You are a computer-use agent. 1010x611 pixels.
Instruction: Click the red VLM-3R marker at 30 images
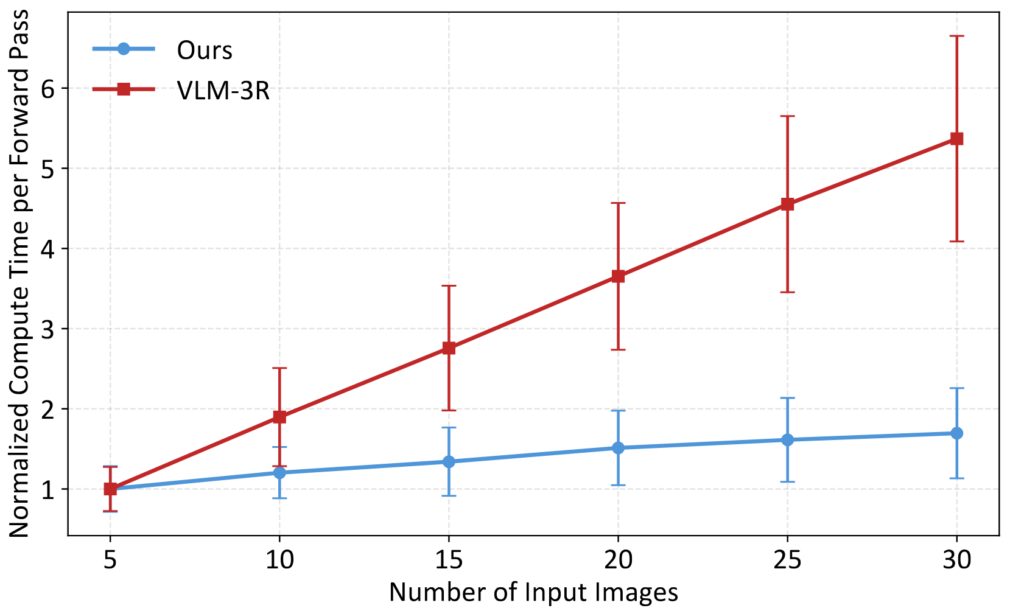956,139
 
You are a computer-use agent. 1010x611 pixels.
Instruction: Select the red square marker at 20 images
618,276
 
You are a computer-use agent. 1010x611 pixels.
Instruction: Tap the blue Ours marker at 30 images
956,433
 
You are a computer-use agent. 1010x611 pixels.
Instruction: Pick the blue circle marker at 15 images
449,462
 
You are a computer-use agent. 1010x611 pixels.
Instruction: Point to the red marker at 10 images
279,417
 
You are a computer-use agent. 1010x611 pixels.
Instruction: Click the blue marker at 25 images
787,439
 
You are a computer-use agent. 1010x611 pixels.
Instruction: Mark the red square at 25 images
787,204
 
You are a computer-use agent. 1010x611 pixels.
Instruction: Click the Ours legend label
205,50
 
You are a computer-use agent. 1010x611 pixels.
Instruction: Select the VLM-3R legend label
223,91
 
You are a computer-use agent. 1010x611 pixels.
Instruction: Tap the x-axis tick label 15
449,559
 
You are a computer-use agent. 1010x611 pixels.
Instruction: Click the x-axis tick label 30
956,559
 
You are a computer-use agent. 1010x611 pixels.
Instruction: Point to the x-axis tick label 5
110,559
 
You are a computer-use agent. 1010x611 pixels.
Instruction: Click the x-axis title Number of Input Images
533,592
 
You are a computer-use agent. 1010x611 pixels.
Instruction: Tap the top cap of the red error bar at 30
956,37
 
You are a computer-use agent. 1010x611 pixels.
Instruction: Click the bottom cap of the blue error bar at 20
618,485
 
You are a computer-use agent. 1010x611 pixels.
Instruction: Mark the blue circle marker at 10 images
279,473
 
